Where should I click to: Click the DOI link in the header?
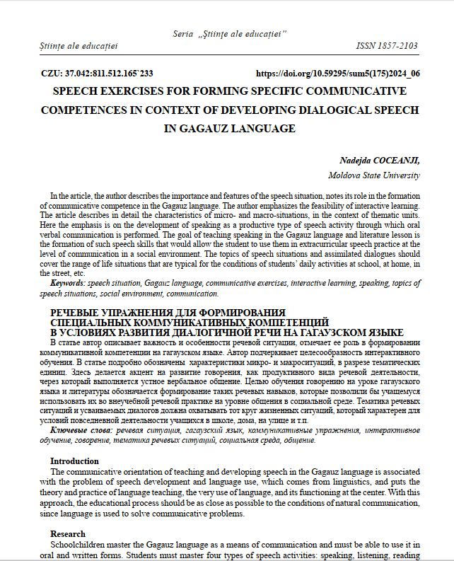[x=337, y=73]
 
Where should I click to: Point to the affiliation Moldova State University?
[x=374, y=174]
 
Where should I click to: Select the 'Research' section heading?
[x=68, y=533]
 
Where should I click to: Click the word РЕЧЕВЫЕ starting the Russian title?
[x=76, y=313]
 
